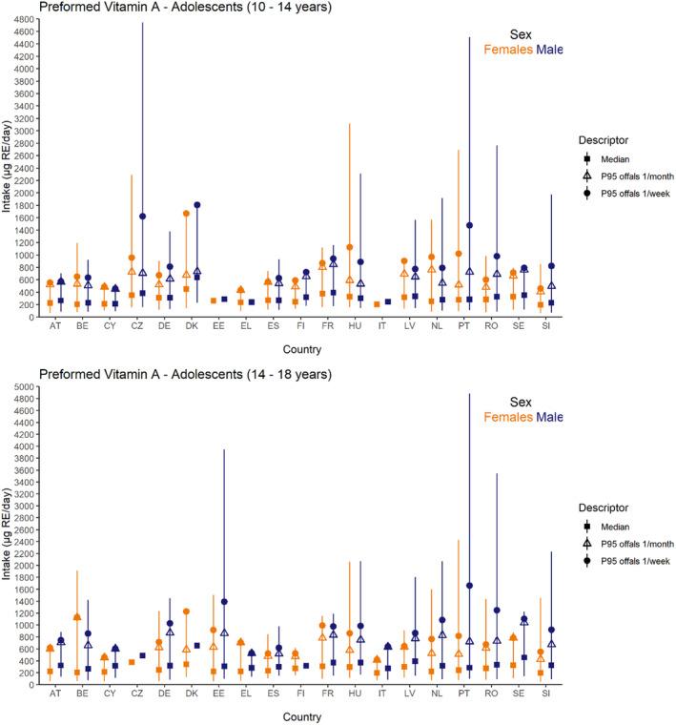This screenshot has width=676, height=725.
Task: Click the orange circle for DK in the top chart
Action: [186, 214]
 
